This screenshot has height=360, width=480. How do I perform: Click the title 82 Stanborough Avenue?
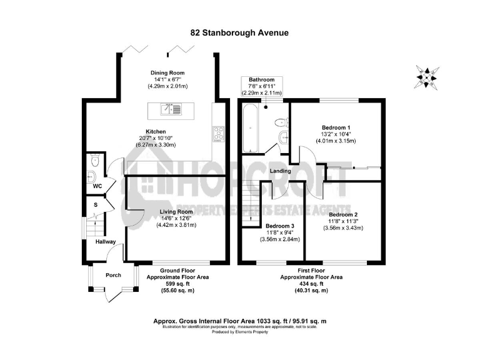240,32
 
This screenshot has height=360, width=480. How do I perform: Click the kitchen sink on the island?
166,111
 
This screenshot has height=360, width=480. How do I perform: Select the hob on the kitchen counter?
219,132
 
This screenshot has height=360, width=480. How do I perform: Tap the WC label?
97,186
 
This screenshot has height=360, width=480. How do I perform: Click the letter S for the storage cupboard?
96,204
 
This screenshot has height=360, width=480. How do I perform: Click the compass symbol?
427,76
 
